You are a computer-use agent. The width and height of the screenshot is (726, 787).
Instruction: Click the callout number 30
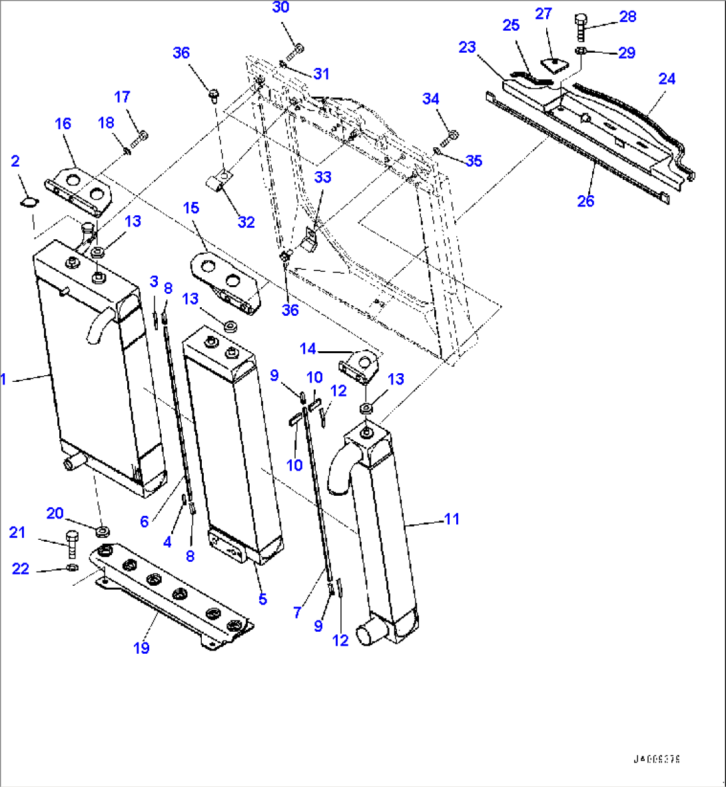[281, 8]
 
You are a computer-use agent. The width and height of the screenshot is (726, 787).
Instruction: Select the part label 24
[667, 79]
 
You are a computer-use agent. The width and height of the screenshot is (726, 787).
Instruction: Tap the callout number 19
[141, 647]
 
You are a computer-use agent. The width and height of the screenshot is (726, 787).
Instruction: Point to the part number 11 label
[452, 518]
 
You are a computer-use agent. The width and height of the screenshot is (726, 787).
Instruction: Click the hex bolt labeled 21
[72, 542]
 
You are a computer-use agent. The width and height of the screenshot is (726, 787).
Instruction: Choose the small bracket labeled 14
[359, 367]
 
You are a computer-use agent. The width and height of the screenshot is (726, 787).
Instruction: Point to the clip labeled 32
[218, 180]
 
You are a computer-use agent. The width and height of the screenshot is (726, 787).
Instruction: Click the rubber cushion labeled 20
[102, 531]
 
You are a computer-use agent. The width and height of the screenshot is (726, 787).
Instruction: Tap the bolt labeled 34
[452, 135]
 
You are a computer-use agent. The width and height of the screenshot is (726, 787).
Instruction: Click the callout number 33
[323, 177]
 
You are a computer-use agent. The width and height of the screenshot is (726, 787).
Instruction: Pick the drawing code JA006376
[657, 759]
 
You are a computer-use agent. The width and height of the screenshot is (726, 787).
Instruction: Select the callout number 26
[585, 201]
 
